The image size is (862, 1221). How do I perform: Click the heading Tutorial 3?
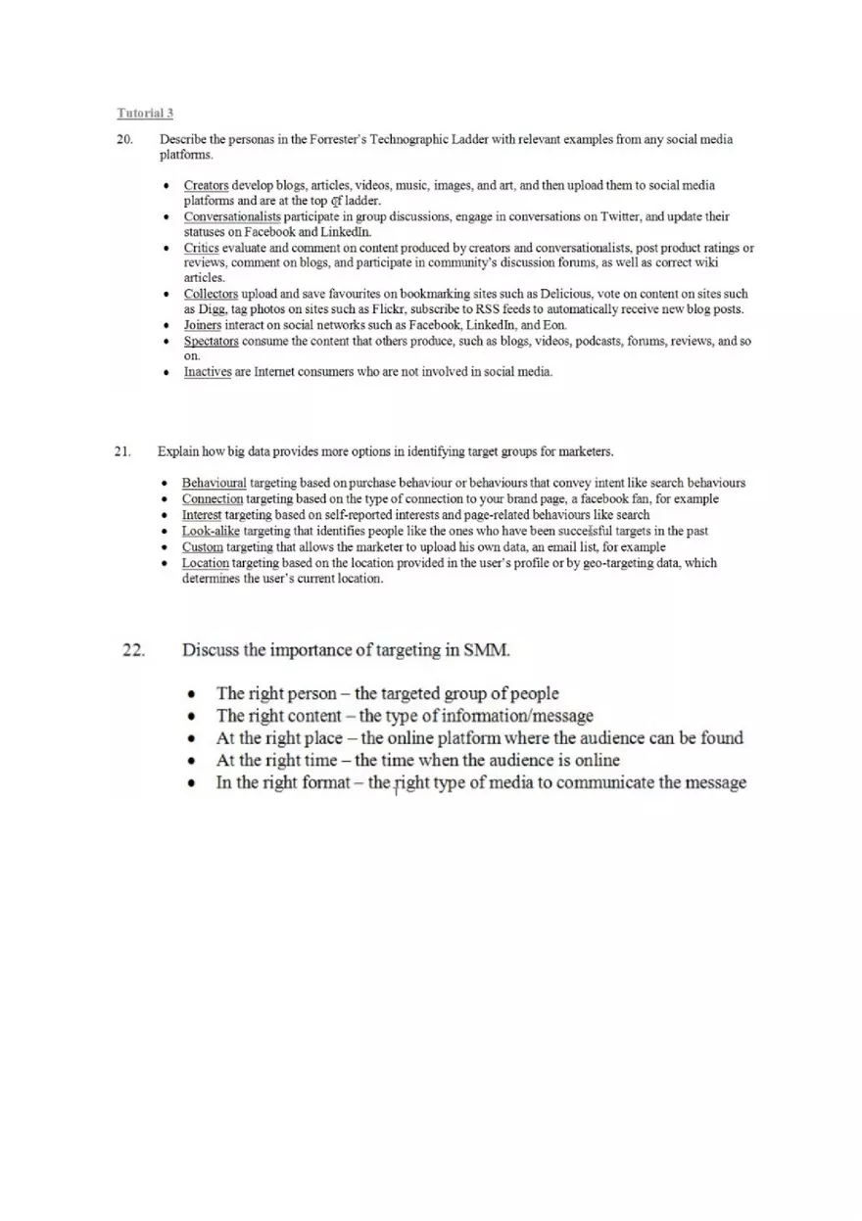[x=146, y=114]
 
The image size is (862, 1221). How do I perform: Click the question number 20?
[x=124, y=140]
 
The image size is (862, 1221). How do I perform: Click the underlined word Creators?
[x=206, y=185]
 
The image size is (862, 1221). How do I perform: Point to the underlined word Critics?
[x=201, y=248]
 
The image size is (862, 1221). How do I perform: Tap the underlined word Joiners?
[x=203, y=325]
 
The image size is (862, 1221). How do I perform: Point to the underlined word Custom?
[x=203, y=546]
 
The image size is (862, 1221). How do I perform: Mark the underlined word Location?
[x=206, y=563]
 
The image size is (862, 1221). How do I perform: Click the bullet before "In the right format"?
[x=193, y=784]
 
